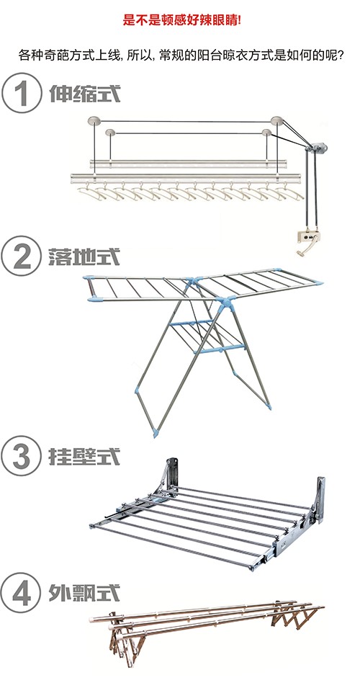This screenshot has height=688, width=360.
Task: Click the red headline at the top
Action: (x=181, y=20)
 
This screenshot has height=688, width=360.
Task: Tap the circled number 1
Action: (x=22, y=93)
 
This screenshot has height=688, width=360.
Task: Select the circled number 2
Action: (x=22, y=256)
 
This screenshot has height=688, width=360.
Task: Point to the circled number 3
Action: (x=22, y=456)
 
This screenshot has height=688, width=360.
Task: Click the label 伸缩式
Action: (x=85, y=94)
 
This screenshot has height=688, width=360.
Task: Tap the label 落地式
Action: (x=84, y=256)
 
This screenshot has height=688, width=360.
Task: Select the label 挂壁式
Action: (x=84, y=457)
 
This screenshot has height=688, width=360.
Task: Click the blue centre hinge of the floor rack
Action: (x=228, y=303)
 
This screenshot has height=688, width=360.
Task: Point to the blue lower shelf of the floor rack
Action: (x=206, y=336)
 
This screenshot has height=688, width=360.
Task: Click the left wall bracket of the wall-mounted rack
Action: (x=171, y=475)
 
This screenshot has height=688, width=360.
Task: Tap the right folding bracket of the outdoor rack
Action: (x=298, y=616)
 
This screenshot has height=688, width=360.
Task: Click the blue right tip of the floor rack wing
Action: (x=319, y=283)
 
